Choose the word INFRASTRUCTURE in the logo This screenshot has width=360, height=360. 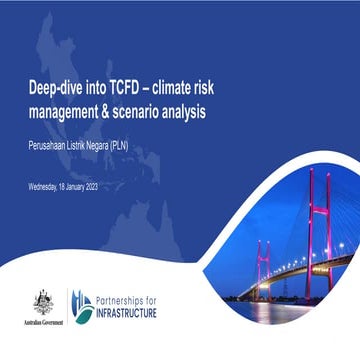133,313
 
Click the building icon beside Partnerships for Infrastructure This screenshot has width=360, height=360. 78,305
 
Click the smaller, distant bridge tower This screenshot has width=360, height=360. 263,270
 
